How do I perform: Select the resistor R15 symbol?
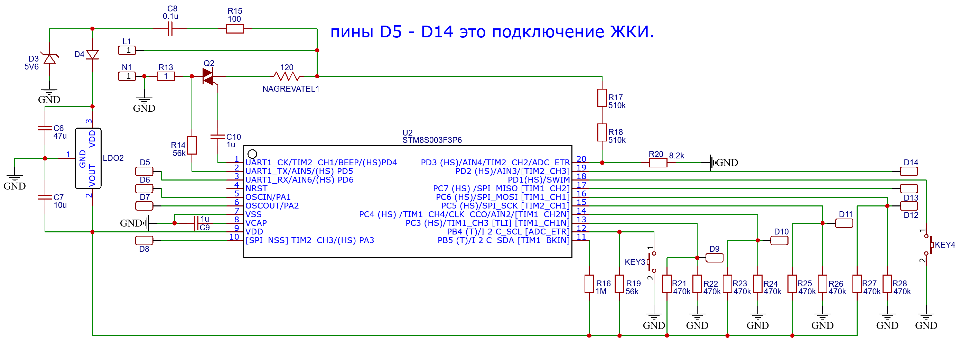click(235, 29)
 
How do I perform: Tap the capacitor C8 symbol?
click(170, 29)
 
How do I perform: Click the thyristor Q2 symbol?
click(208, 76)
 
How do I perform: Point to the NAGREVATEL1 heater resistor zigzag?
click(287, 76)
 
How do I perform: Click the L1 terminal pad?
click(127, 50)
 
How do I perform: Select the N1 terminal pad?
click(127, 76)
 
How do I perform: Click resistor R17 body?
click(602, 98)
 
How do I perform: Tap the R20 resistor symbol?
click(658, 163)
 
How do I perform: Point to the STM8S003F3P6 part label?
click(432, 140)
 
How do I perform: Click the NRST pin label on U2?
click(256, 188)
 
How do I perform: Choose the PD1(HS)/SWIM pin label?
click(538, 180)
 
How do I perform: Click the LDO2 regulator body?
click(88, 158)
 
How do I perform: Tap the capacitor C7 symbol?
click(45, 197)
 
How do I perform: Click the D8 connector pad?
click(144, 240)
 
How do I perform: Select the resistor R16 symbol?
click(589, 284)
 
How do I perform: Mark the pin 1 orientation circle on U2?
click(252, 154)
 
